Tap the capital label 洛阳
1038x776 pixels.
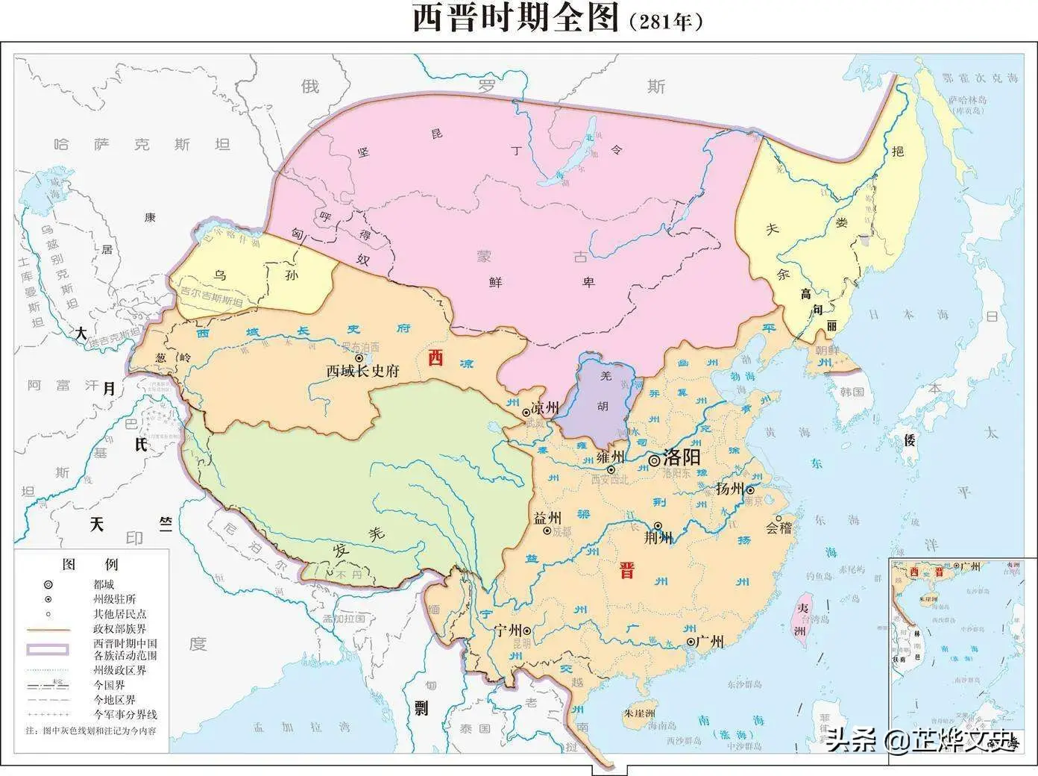(x=681, y=457)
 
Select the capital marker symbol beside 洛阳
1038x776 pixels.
(x=654, y=460)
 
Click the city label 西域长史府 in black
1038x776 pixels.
(x=362, y=371)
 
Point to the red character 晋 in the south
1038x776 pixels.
(x=627, y=572)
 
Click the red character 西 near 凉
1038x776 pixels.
(x=435, y=358)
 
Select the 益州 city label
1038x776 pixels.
(x=547, y=518)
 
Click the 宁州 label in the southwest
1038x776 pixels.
(x=509, y=630)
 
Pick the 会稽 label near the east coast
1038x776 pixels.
(x=778, y=528)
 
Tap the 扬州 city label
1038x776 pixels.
(x=729, y=489)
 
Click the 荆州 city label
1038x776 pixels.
(x=658, y=537)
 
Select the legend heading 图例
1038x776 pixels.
(x=89, y=564)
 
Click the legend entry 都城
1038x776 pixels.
(x=104, y=584)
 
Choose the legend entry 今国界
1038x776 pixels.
(x=108, y=685)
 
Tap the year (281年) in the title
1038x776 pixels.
(x=666, y=22)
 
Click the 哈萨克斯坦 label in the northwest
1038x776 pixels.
(x=142, y=145)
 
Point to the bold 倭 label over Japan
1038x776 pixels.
(x=909, y=439)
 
